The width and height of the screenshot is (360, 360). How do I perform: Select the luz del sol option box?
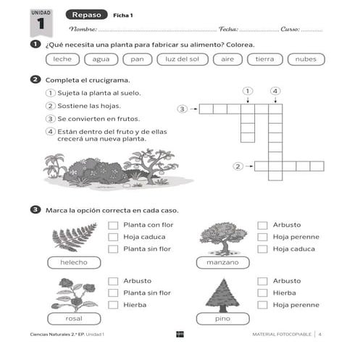(x=183, y=59)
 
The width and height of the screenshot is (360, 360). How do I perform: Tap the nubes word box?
(x=306, y=59)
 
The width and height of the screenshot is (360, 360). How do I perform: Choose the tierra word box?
(x=265, y=59)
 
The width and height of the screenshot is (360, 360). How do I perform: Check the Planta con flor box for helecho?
(x=113, y=225)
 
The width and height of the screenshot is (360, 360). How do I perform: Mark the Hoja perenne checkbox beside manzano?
(x=263, y=237)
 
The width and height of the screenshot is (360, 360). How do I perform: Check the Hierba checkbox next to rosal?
(x=113, y=305)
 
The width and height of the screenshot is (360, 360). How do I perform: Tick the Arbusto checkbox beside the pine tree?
(x=263, y=281)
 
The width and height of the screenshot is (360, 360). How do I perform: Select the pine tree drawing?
(x=222, y=295)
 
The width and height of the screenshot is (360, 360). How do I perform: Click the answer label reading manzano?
(x=222, y=261)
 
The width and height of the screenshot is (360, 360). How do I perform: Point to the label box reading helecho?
(x=74, y=261)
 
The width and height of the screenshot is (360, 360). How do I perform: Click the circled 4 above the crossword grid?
(x=275, y=91)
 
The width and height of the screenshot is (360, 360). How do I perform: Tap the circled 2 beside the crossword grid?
(x=238, y=167)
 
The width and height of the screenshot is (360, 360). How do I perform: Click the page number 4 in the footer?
(x=320, y=334)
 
